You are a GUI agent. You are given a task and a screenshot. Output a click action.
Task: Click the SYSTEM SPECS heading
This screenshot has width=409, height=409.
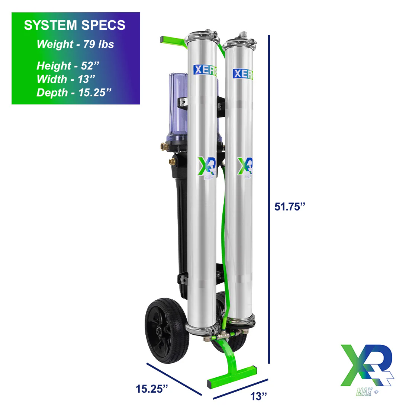coord(75,25)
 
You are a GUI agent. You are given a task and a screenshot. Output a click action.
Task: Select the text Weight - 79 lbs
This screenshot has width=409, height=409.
coord(75,44)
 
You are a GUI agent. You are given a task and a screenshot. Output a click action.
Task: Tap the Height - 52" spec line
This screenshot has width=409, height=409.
coord(68,66)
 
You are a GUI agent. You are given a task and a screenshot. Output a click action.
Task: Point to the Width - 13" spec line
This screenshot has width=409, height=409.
coord(66,79)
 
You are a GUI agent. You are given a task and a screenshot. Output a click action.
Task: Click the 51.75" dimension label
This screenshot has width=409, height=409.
coord(290,207)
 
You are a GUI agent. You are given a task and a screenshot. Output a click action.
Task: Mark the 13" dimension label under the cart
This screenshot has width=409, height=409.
coord(259,396)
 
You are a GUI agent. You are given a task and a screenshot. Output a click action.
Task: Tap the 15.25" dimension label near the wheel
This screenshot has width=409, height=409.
coord(152,389)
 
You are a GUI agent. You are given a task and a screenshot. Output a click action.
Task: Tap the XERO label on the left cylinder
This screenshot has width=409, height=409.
coord(205,70)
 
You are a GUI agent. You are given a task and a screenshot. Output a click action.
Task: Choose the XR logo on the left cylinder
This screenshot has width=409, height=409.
coord(206,166)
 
